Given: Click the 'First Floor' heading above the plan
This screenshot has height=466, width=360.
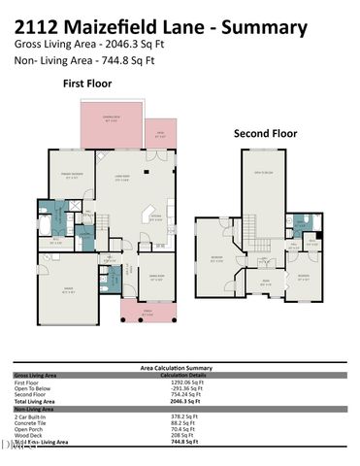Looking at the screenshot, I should pos(89,84).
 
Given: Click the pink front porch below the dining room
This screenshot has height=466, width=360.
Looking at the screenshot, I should pos(144,310).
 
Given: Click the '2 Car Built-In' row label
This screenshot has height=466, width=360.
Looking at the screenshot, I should pos(31,416).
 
